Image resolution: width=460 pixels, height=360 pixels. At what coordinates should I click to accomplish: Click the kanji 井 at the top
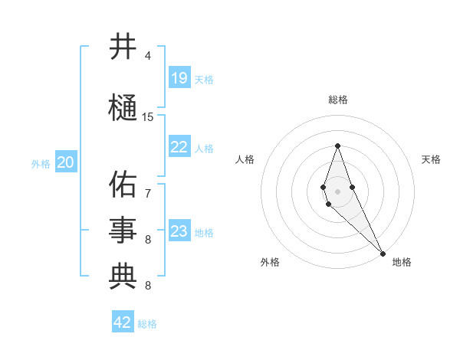click(x=123, y=47)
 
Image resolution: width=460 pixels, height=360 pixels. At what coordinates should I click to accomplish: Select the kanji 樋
click(x=123, y=107)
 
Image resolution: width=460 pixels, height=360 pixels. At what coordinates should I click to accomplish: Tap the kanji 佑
click(x=123, y=184)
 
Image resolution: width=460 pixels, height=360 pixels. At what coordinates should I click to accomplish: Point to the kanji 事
click(x=123, y=230)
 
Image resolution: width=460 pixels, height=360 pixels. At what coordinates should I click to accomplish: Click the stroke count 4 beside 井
click(x=148, y=56)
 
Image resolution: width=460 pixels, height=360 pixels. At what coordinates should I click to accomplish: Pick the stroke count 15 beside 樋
click(x=148, y=117)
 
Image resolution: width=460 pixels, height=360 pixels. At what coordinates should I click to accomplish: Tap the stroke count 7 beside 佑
click(x=148, y=193)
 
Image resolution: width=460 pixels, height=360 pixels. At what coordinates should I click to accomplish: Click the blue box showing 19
click(x=179, y=77)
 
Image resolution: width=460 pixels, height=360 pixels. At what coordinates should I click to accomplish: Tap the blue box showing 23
click(x=179, y=231)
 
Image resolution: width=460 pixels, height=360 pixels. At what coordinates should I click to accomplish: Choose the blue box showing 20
click(x=66, y=162)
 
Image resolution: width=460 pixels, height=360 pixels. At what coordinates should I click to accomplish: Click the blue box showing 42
click(x=123, y=322)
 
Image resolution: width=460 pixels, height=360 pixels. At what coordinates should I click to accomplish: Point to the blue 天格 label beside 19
click(x=204, y=79)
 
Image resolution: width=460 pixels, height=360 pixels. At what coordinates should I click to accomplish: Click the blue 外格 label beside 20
click(x=41, y=163)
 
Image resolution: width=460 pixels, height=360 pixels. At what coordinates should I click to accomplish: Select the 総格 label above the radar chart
click(x=338, y=100)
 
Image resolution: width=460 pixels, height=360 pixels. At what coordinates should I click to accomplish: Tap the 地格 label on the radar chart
click(x=402, y=262)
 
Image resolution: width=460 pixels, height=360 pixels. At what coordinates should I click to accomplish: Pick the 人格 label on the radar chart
click(x=245, y=159)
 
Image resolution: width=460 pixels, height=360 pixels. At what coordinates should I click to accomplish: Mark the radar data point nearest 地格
click(x=383, y=253)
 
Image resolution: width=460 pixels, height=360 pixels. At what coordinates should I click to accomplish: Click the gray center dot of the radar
click(x=338, y=191)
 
